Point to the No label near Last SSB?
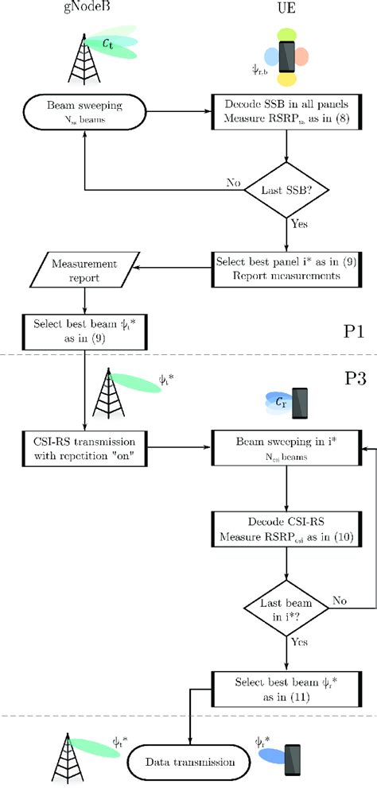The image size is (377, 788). pyautogui.click(x=233, y=182)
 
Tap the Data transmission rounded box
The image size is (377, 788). pyautogui.click(x=192, y=761)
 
